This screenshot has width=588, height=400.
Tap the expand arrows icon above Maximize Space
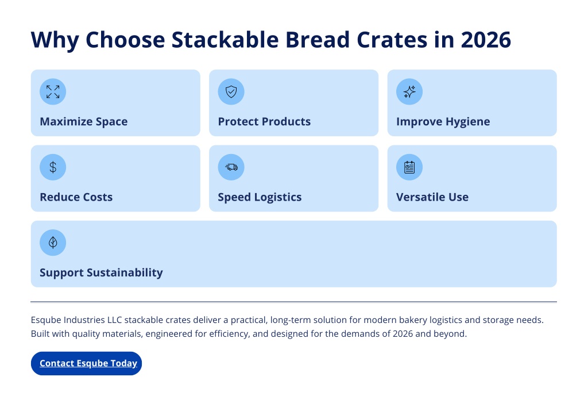coord(53,91)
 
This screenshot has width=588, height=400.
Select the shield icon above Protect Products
coord(231,91)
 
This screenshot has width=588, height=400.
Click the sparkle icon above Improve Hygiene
coord(409,91)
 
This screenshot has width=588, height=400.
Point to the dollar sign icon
coord(53,167)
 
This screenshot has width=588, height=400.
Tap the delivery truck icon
coord(231,167)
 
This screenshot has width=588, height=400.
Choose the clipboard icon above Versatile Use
coord(409,167)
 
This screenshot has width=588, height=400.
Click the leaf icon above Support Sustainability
coord(53,243)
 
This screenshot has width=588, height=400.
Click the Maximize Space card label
coord(84,122)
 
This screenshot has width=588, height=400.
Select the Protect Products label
coord(264,122)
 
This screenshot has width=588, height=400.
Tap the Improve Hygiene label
coord(443,122)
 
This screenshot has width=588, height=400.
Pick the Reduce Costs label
coord(76,197)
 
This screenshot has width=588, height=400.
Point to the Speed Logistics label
coord(260,197)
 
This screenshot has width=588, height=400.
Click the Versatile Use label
coord(432,197)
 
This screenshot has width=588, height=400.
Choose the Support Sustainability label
coord(101,272)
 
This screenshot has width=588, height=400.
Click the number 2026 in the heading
coord(486,40)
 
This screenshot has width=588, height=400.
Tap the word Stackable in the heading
coord(225,40)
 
